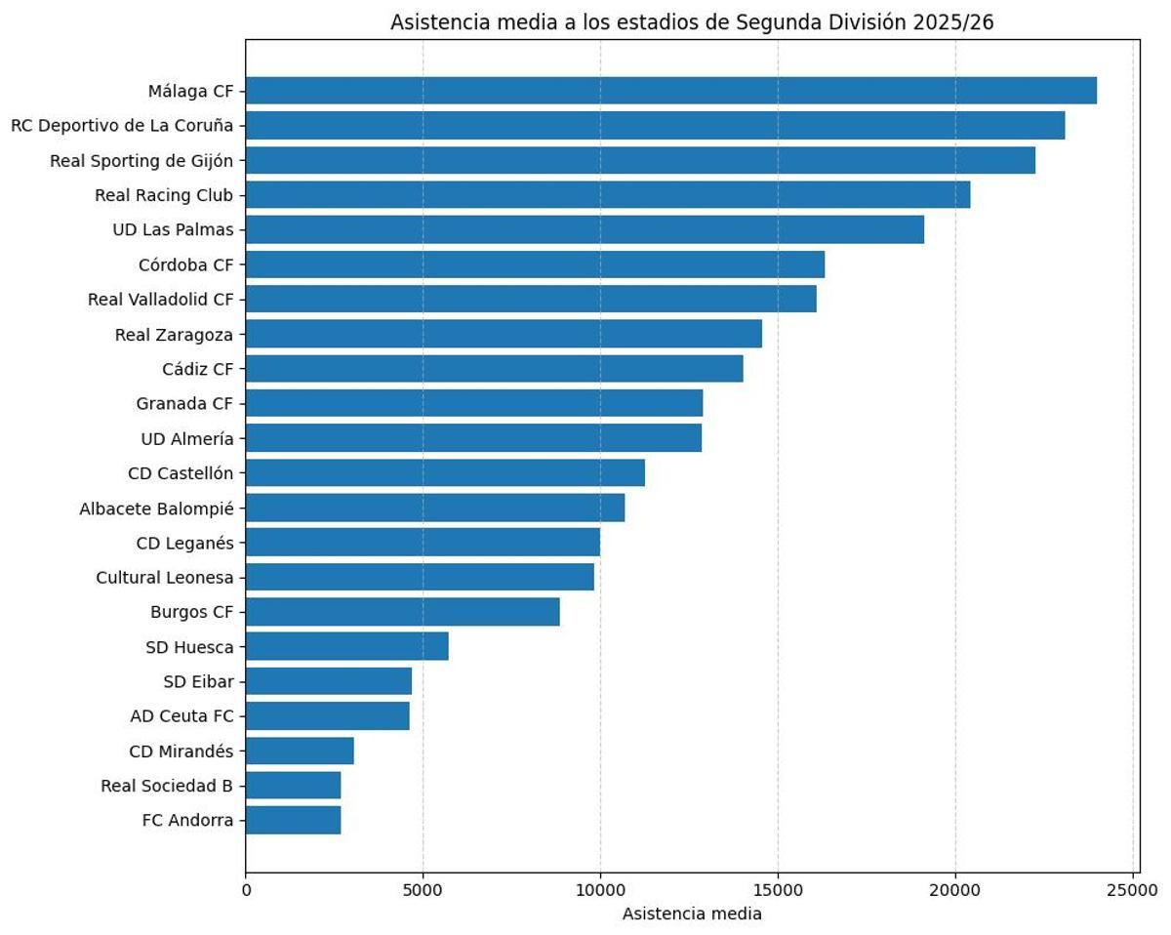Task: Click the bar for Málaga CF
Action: pyautogui.click(x=670, y=91)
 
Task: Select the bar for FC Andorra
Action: pyautogui.click(x=293, y=820)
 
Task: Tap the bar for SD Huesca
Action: pyautogui.click(x=346, y=646)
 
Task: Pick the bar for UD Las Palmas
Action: pyautogui.click(x=585, y=229)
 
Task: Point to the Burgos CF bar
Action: pyautogui.click(x=402, y=612)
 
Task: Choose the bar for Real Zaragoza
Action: pyautogui.click(x=504, y=334)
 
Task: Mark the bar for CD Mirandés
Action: pyautogui.click(x=300, y=751)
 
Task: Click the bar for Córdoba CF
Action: pyautogui.click(x=535, y=264)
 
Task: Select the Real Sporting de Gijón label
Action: pyautogui.click(x=141, y=161)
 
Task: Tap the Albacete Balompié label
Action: pyautogui.click(x=156, y=508)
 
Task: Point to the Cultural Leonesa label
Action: pyautogui.click(x=165, y=578)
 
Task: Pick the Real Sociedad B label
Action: pyautogui.click(x=167, y=786)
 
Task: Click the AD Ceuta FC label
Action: pyautogui.click(x=182, y=716)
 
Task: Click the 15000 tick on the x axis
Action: pyautogui.click(x=778, y=890)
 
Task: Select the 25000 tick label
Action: pyautogui.click(x=1133, y=890)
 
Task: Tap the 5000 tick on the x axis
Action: pyautogui.click(x=423, y=890)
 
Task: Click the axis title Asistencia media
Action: pyautogui.click(x=691, y=915)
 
